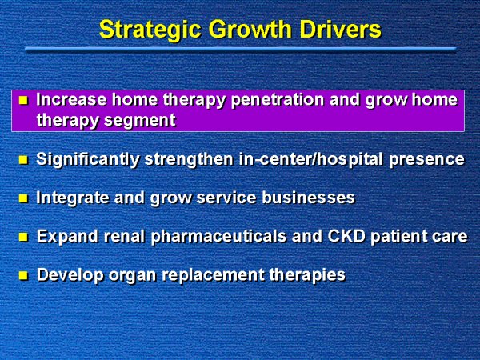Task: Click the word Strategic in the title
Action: click(x=150, y=30)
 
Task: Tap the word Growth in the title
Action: click(x=250, y=30)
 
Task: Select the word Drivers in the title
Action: click(x=341, y=30)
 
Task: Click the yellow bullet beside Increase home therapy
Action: click(x=23, y=100)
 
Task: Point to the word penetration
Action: click(x=278, y=101)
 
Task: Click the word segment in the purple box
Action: click(x=140, y=121)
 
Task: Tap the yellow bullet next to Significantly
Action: click(x=23, y=160)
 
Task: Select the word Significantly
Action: click(x=88, y=160)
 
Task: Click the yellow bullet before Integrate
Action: click(x=23, y=198)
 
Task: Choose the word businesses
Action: click(x=308, y=198)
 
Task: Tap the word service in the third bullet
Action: click(x=226, y=198)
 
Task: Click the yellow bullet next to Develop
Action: click(x=23, y=276)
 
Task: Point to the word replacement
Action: click(x=213, y=275)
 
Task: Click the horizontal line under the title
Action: click(x=241, y=49)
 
